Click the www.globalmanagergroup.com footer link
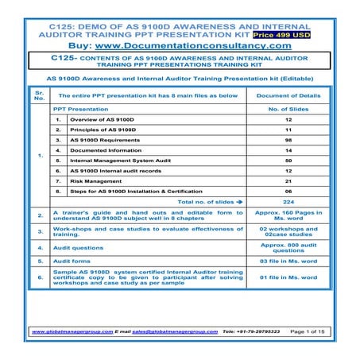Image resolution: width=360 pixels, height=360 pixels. [72, 330]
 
